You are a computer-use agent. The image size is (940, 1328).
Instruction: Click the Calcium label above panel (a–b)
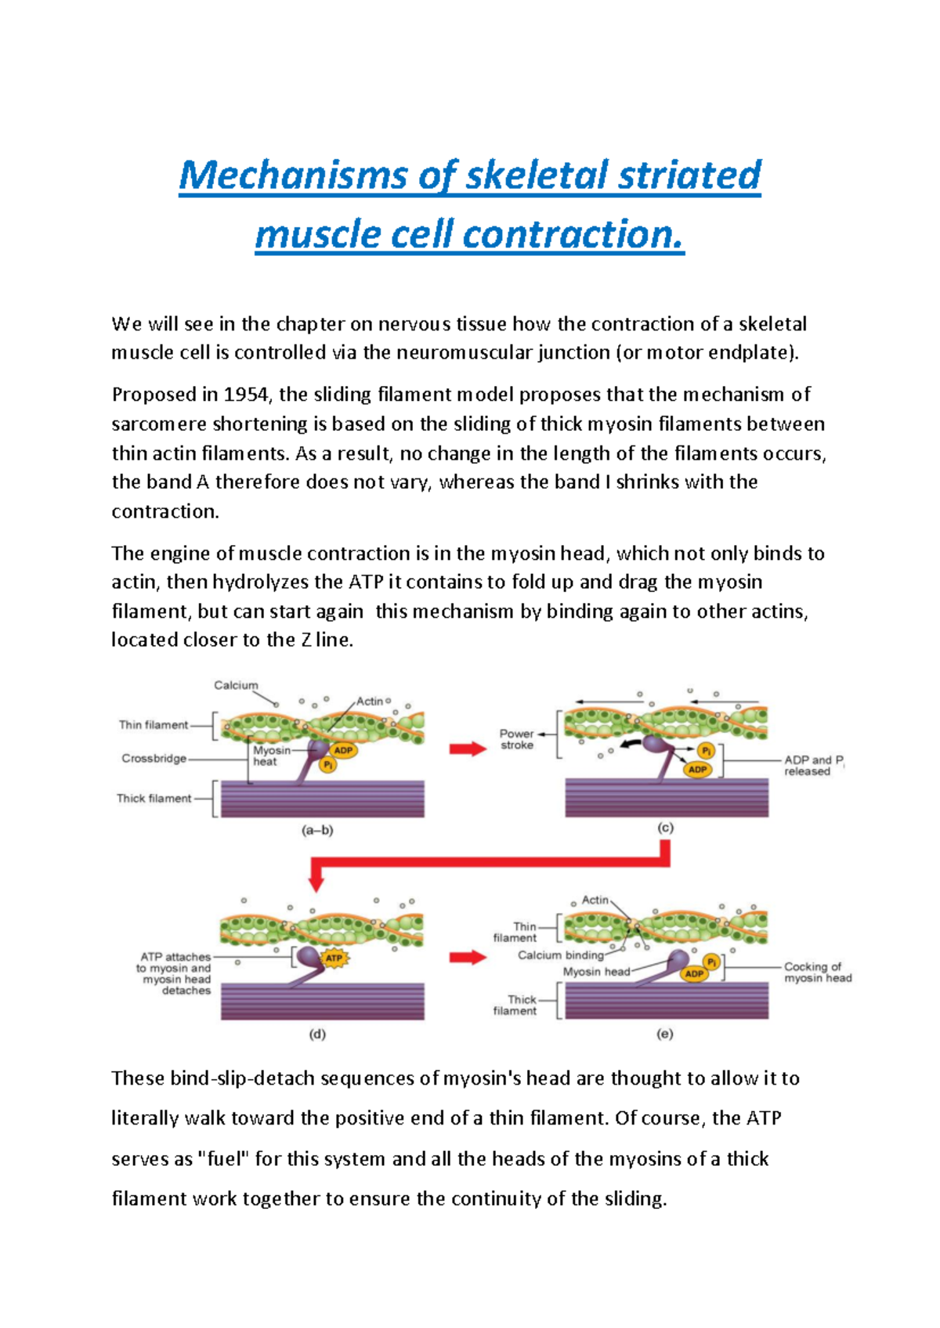point(236,685)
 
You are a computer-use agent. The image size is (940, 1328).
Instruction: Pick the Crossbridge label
point(154,758)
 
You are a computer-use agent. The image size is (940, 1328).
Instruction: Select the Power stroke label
point(516,739)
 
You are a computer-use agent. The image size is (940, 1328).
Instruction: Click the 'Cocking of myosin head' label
point(818,973)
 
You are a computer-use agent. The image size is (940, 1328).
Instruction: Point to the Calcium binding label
point(560,955)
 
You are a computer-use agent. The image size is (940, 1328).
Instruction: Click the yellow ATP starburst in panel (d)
point(334,958)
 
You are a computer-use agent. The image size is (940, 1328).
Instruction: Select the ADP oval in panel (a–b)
point(343,750)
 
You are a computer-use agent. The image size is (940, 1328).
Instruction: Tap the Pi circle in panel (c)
point(707,751)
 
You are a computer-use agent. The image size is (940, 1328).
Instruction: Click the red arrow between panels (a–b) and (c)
point(468,749)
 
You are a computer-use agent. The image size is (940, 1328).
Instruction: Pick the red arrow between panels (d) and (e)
point(468,957)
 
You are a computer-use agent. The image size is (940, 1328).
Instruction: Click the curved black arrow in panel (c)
point(631,743)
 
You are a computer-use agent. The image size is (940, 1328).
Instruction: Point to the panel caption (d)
point(317,1034)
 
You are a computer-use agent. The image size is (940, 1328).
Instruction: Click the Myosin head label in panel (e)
point(596,972)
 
